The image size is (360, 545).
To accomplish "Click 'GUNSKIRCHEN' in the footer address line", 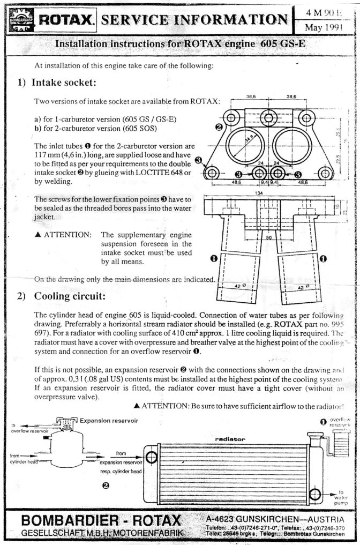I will tap(265, 519).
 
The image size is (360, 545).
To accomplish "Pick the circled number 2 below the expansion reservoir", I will tap(106, 485).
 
